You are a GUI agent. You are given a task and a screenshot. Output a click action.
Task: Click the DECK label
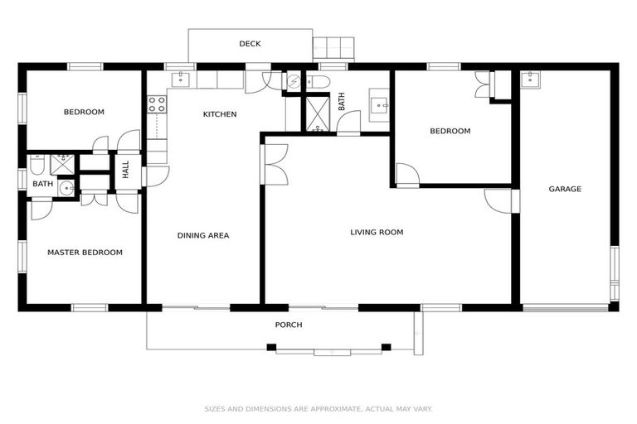coord(250,44)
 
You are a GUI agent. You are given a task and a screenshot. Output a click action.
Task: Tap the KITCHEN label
coord(220,114)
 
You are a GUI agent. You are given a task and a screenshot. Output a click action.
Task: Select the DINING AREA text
coord(203,235)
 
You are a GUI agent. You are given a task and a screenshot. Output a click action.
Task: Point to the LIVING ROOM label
coord(377,232)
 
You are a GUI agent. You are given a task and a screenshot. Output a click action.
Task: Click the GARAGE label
coord(565,189)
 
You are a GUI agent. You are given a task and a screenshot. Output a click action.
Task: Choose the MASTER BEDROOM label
coord(85,253)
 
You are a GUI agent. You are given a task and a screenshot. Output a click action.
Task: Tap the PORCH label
coord(289,325)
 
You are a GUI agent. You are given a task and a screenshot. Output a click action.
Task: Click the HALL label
coord(126,171)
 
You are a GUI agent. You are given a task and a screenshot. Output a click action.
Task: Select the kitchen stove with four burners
coord(157,104)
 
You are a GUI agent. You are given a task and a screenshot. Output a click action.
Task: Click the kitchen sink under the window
coord(181,79)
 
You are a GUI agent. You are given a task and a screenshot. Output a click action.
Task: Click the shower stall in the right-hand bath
coord(316,115)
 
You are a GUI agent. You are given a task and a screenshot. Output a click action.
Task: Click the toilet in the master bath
coord(36,165)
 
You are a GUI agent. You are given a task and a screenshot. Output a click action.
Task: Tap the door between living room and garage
coord(499,200)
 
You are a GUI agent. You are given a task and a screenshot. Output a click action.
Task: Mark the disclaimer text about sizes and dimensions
coord(318,408)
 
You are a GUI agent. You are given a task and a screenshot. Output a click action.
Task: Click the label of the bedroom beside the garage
coord(450,131)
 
